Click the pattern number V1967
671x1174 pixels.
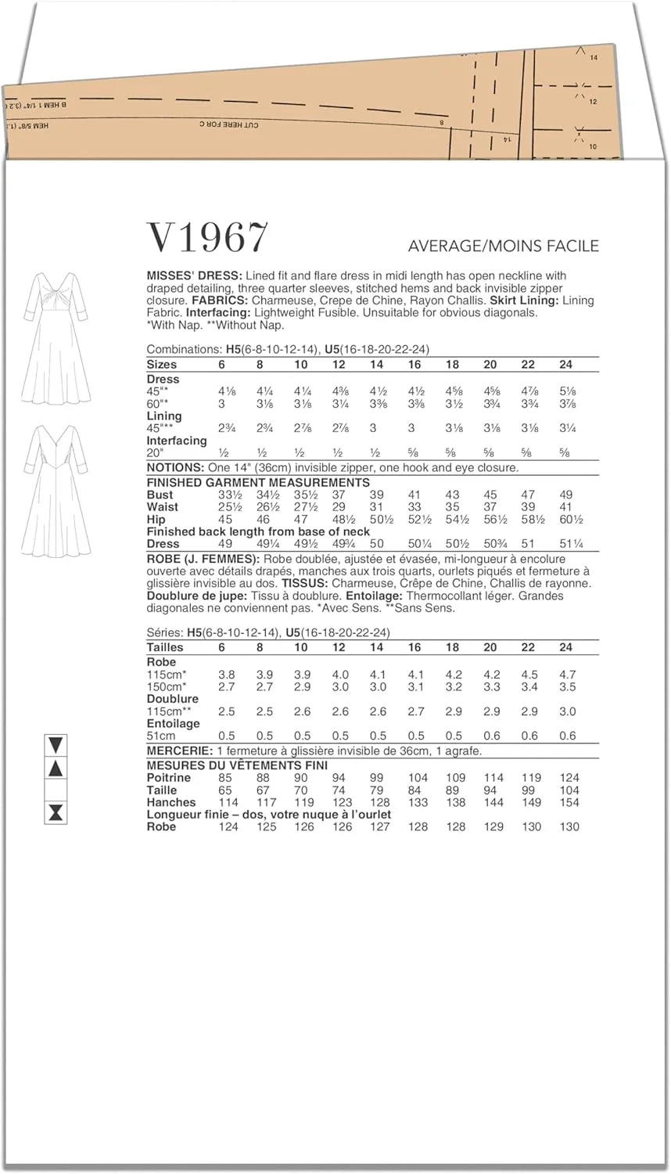207,237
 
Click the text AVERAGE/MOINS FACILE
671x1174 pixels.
503,246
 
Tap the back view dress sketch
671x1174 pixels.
56,490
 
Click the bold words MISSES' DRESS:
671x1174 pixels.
194,275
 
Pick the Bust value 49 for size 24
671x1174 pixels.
566,495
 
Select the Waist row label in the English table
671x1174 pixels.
162,507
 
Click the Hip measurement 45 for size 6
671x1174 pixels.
225,520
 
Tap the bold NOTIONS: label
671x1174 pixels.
176,467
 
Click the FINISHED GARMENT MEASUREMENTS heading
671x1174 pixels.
258,482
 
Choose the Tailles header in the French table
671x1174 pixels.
165,647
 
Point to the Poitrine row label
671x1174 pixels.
168,778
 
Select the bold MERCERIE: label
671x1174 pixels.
179,751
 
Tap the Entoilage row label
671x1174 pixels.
173,724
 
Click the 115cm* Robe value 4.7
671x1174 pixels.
568,675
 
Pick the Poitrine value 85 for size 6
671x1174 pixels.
225,778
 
